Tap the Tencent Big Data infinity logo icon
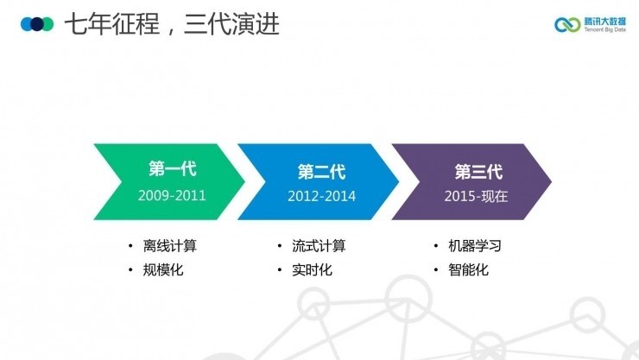click(x=568, y=24)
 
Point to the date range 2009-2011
click(x=172, y=195)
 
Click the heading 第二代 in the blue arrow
click(x=321, y=170)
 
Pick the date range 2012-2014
click(x=321, y=196)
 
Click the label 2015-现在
click(x=477, y=196)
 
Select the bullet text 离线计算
click(x=169, y=246)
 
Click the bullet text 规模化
click(x=163, y=270)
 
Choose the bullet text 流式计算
click(x=319, y=246)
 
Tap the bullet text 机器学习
click(x=474, y=246)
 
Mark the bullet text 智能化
click(x=468, y=270)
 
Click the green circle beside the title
click(x=47, y=23)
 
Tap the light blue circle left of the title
click(x=27, y=23)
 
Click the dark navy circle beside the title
click(x=37, y=23)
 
